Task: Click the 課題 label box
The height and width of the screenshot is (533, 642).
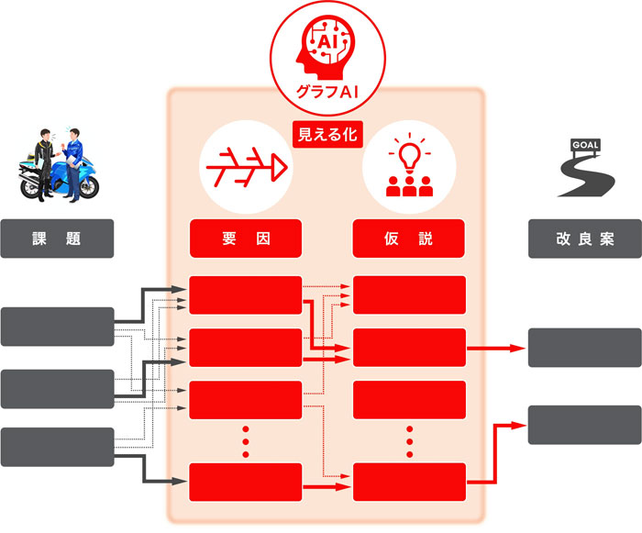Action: (x=57, y=238)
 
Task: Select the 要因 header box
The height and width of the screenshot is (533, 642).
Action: (x=245, y=238)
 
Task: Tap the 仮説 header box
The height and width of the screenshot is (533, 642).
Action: (x=410, y=238)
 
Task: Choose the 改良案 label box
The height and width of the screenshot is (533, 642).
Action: (x=584, y=238)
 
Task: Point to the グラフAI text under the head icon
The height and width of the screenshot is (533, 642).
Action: (x=327, y=93)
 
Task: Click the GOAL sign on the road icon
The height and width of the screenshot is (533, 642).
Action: (x=583, y=145)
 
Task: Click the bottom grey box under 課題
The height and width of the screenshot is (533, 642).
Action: (x=57, y=446)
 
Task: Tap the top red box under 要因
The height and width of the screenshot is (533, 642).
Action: (x=245, y=294)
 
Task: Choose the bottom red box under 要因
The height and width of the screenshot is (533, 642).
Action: (x=245, y=482)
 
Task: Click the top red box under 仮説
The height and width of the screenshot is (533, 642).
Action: (x=410, y=294)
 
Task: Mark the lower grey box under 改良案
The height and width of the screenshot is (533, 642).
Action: (x=584, y=423)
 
